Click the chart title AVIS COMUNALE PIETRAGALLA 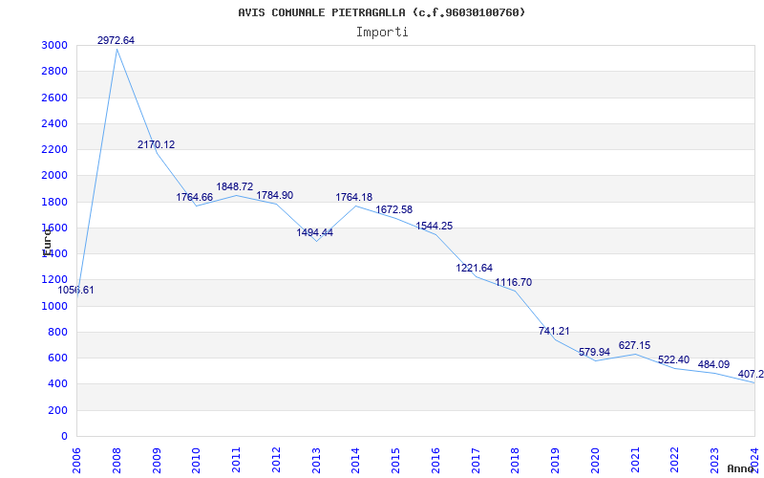(x=381, y=12)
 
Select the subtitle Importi (x=382, y=32)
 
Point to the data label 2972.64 (x=116, y=40)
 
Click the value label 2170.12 (x=156, y=144)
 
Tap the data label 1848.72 (x=235, y=186)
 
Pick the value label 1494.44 (x=314, y=232)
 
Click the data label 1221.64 (x=474, y=268)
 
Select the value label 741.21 (x=554, y=331)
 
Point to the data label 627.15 (x=634, y=345)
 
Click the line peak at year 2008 (x=117, y=49)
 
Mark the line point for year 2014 (x=355, y=206)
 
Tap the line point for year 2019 (x=554, y=339)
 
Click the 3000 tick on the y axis (x=54, y=46)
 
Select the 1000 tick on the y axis (x=54, y=306)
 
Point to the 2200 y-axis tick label (x=54, y=150)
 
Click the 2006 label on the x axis (x=77, y=458)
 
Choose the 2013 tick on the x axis (x=316, y=458)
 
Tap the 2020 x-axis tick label (x=595, y=458)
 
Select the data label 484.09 (x=713, y=364)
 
